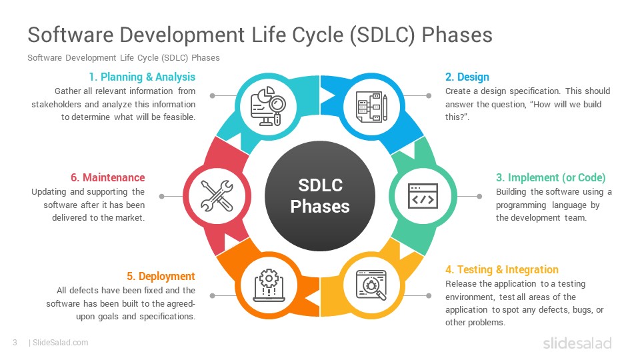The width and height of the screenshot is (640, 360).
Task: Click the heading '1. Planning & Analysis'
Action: point(142,77)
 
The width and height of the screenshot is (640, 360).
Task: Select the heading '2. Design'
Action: point(467,77)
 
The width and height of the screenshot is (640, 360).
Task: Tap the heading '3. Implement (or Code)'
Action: point(551,177)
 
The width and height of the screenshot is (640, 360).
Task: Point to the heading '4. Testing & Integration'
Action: point(502,269)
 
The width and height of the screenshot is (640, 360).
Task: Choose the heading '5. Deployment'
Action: point(161,276)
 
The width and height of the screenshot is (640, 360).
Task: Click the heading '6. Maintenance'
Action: point(107,177)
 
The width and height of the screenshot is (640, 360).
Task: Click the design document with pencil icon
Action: point(371,106)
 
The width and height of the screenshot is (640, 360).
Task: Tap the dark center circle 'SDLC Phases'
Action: point(320,195)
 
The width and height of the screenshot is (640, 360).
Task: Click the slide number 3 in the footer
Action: point(15,343)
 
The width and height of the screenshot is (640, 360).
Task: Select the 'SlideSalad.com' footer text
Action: point(60,343)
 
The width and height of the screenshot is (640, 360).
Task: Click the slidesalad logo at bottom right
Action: point(577,343)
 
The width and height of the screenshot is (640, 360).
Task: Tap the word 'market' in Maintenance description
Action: point(128,217)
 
